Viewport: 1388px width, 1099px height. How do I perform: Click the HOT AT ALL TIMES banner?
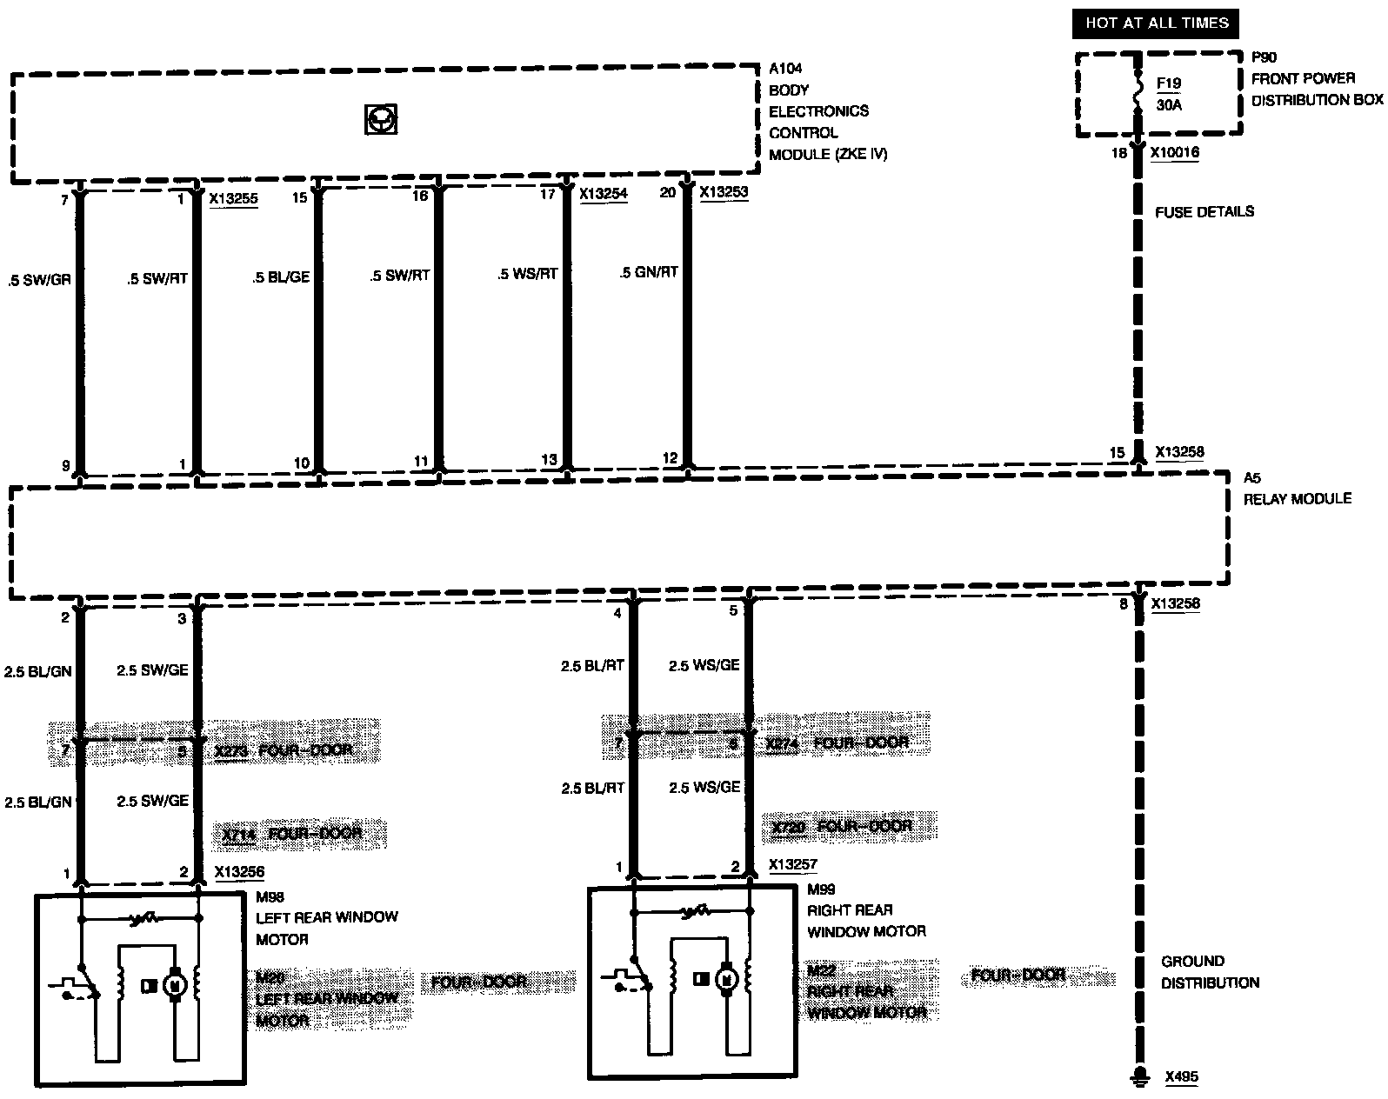point(1157,23)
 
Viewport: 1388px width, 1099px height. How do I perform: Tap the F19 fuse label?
point(1169,84)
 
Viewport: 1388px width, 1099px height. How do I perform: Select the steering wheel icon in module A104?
point(380,119)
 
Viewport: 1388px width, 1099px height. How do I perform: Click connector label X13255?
point(233,199)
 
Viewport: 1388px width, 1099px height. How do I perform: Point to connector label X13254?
point(604,194)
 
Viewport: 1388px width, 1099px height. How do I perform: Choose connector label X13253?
point(724,192)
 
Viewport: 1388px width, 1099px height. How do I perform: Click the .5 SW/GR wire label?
point(39,281)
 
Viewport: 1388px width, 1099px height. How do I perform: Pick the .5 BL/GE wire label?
point(281,277)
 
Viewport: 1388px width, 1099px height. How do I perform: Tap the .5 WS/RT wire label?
point(527,274)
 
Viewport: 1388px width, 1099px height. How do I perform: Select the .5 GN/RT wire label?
point(648,272)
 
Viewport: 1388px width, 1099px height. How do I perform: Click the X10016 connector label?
point(1175,153)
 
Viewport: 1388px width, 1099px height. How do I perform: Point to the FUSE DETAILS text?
point(1204,211)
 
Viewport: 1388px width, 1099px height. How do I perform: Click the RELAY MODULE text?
point(1297,498)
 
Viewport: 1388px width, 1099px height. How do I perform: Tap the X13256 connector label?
point(239,872)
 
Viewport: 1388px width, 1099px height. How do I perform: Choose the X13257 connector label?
point(793,865)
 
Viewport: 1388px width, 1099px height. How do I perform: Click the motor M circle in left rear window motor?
point(174,985)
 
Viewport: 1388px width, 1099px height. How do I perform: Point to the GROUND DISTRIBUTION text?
point(1210,972)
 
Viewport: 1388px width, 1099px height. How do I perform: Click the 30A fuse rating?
point(1169,105)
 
